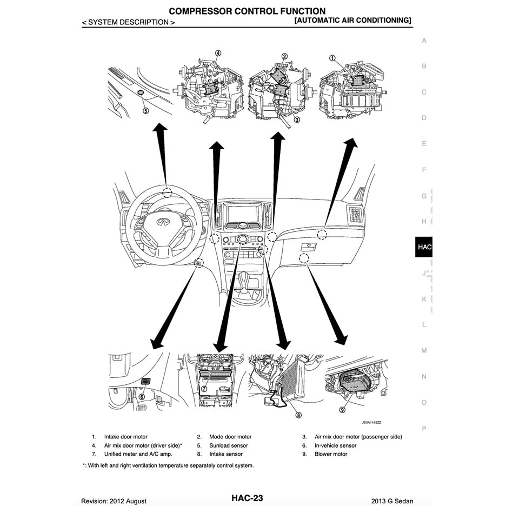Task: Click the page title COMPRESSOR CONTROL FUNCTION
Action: pyautogui.click(x=247, y=11)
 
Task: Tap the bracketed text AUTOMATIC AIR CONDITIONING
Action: pyautogui.click(x=353, y=20)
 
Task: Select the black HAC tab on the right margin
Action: pyautogui.click(x=424, y=247)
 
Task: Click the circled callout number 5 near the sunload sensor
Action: pyautogui.click(x=145, y=110)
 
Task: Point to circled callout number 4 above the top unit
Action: pyautogui.click(x=218, y=53)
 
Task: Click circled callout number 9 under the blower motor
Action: pyautogui.click(x=342, y=410)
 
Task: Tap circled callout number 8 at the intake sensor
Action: pyautogui.click(x=298, y=415)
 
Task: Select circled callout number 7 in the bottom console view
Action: pyautogui.click(x=204, y=389)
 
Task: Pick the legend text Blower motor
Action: pyautogui.click(x=331, y=454)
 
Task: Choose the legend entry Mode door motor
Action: pyautogui.click(x=231, y=437)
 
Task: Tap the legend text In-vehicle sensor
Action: pyautogui.click(x=335, y=445)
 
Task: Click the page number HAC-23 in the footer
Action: pyautogui.click(x=247, y=498)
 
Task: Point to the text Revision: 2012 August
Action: pyautogui.click(x=114, y=501)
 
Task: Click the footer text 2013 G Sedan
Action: pyautogui.click(x=392, y=501)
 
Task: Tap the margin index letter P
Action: pyautogui.click(x=424, y=428)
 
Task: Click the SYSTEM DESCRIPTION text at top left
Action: pyautogui.click(x=128, y=22)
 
